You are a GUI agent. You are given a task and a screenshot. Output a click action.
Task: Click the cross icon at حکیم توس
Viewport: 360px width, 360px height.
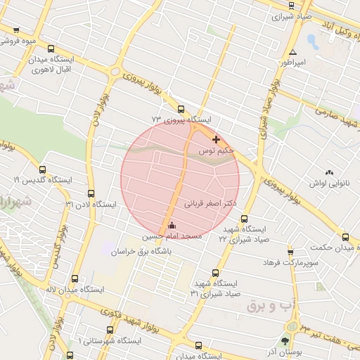tap(215, 140)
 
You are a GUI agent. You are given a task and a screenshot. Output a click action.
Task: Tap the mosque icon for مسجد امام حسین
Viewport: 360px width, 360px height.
tap(172, 226)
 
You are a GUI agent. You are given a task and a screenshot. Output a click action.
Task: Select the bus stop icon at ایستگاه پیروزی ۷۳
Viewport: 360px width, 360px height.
tap(181, 109)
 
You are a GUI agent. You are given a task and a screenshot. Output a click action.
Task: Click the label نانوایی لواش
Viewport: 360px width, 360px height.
tap(328, 183)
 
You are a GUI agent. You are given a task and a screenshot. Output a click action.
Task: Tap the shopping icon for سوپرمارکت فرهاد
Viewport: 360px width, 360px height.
tap(290, 252)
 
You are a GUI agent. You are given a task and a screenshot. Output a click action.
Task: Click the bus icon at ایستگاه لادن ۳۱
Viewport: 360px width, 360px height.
tap(91, 193)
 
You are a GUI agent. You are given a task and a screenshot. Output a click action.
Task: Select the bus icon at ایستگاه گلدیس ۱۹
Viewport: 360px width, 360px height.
tap(43, 169)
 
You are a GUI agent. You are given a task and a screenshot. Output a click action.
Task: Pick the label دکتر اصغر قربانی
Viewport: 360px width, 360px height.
tap(210, 202)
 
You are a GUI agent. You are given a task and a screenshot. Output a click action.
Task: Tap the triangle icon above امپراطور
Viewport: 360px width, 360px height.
tap(292, 52)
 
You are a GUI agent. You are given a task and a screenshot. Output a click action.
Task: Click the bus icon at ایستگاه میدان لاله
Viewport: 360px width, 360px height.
tap(69, 278)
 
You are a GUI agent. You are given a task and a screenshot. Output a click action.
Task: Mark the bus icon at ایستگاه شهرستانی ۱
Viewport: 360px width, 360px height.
tap(110, 330)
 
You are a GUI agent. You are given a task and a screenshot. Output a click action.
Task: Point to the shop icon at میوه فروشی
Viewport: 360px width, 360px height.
tap(16, 30)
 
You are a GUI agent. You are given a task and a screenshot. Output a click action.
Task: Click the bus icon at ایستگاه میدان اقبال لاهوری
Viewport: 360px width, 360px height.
tap(51, 49)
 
